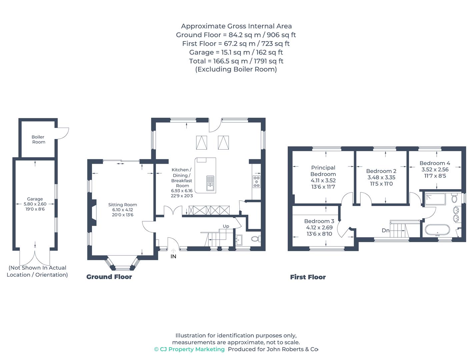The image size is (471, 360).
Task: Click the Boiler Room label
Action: point(38,139)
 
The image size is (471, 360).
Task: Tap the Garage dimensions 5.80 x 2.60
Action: point(35,204)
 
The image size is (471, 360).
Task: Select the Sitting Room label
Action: point(123,205)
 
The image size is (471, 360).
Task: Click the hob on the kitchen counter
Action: point(257,182)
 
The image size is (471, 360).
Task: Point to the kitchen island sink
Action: point(210,183)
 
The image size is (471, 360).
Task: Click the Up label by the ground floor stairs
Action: point(226,226)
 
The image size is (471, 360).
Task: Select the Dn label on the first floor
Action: point(386,231)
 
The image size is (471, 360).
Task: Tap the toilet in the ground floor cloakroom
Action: point(256,239)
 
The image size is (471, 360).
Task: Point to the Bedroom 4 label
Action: point(435,163)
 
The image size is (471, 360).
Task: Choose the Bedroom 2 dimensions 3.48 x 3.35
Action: point(381,177)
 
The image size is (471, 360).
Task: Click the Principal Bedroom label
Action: point(323,171)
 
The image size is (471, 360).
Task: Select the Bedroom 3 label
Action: point(319,221)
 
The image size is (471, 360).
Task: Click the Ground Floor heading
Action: point(109,277)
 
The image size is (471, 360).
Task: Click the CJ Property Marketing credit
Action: point(189,349)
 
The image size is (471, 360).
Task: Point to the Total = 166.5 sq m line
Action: point(236,61)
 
